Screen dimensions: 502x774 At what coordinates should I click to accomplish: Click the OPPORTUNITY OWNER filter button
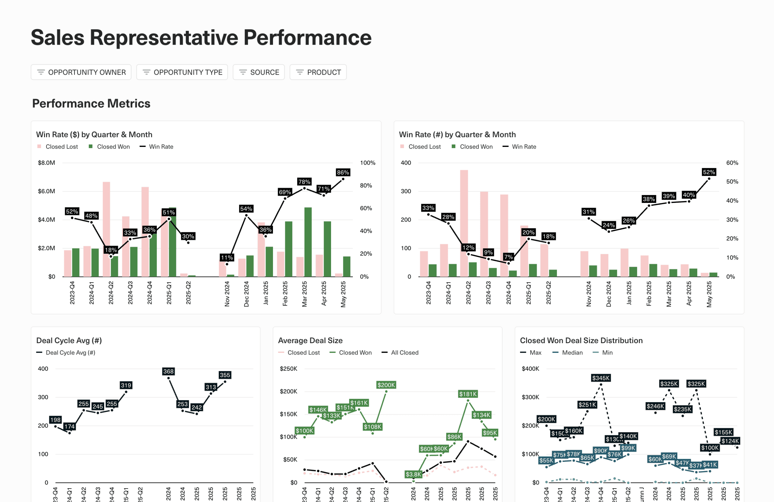[81, 72]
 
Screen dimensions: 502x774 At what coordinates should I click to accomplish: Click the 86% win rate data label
[343, 173]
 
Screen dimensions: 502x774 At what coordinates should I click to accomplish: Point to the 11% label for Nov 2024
[227, 257]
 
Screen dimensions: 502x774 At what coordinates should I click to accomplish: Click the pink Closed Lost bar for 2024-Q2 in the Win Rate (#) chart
[464, 223]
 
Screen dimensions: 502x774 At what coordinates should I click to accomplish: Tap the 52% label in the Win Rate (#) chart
[709, 172]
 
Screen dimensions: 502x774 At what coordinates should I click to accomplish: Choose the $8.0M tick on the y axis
[46, 163]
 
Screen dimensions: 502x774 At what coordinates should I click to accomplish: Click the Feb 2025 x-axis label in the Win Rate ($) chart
[285, 293]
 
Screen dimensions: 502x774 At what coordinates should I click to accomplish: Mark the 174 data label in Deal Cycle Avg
[70, 426]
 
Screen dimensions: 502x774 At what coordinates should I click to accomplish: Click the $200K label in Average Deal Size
[386, 385]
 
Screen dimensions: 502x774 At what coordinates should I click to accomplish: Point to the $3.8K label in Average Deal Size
[413, 474]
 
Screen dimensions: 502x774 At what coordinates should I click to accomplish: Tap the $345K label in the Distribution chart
[601, 378]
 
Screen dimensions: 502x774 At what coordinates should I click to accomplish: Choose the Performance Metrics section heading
[91, 103]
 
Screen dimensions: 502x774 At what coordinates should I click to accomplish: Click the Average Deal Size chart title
[310, 340]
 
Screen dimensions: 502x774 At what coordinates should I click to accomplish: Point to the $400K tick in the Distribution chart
[530, 369]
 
